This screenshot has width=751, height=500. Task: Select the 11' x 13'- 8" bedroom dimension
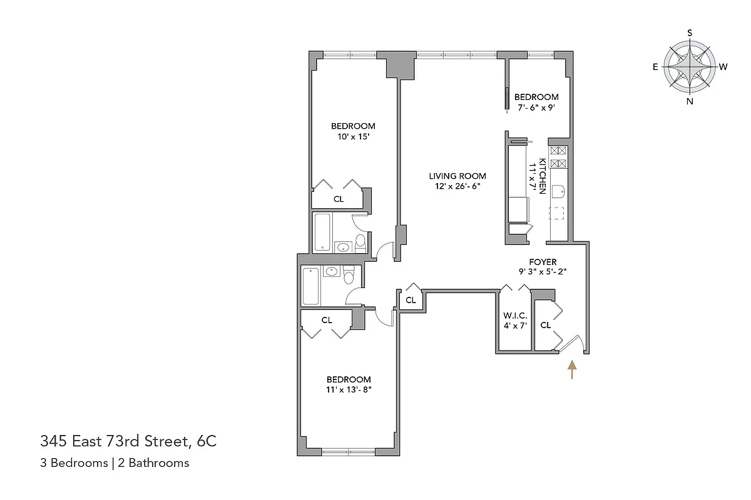pos(349,390)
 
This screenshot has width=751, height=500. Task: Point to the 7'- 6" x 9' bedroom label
pos(536,107)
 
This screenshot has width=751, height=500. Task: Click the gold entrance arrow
pos(571,369)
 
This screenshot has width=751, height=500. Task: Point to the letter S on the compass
pos(690,32)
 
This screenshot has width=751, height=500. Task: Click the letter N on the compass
pos(690,101)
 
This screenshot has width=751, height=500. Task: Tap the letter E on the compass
pos(655,67)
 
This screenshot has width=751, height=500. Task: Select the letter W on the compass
pos(723,67)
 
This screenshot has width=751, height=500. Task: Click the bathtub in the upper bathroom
pos(322,232)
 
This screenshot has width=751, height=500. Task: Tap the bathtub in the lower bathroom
pos(310,286)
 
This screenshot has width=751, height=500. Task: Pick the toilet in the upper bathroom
pos(360,242)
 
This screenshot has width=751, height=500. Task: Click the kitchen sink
pos(559,191)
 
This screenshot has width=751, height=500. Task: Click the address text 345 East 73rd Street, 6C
pos(128,442)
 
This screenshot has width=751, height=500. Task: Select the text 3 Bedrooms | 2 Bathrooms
pos(115,463)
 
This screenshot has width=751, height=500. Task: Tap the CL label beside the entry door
pos(545,325)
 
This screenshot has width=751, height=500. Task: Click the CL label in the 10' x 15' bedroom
pos(339,199)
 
